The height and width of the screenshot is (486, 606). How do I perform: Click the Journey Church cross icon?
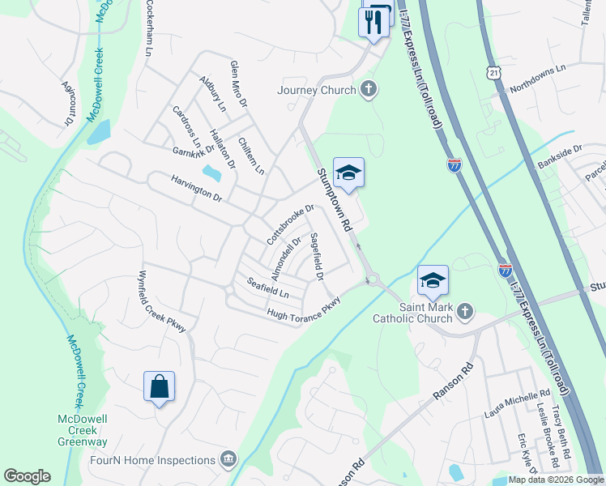(x=369, y=89)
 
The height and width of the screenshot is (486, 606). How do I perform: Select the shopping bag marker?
(x=159, y=386)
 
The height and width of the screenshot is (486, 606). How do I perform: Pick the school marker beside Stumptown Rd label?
(x=348, y=173)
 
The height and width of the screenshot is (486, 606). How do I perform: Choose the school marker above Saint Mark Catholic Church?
(x=433, y=280)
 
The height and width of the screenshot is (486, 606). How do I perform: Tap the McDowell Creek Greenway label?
(x=82, y=429)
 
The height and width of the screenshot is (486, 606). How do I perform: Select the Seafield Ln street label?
(x=267, y=287)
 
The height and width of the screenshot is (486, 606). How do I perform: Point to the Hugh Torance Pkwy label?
(x=304, y=309)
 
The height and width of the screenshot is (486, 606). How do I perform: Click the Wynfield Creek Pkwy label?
(x=163, y=301)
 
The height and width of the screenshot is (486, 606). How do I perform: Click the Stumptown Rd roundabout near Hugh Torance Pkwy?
(x=373, y=281)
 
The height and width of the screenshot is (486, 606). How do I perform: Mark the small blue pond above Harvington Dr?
(x=211, y=173)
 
